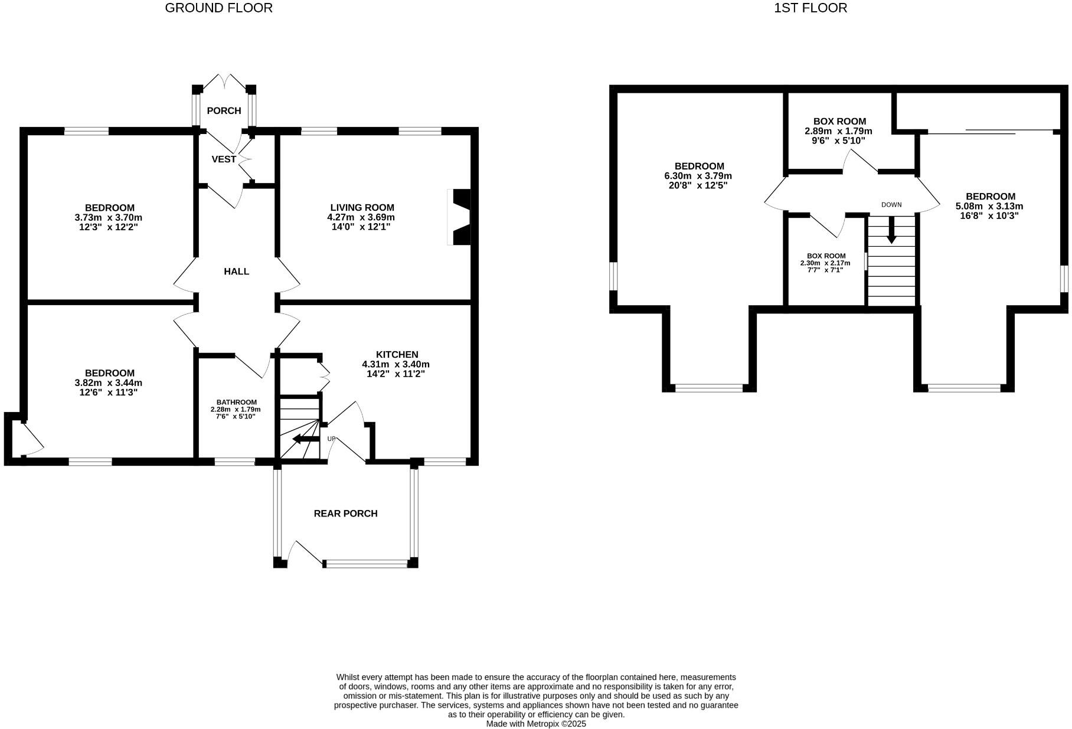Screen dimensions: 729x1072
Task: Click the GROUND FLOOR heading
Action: [x=218, y=8]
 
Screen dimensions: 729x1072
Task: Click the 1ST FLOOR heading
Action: [x=810, y=8]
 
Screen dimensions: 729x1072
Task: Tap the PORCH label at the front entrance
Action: [x=224, y=111]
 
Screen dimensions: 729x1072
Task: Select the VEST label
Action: [x=224, y=159]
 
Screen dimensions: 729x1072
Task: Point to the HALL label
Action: [x=236, y=272]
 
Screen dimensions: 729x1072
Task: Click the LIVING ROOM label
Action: [x=362, y=208]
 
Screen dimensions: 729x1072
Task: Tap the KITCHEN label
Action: [x=397, y=355]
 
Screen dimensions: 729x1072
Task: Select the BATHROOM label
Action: [x=236, y=402]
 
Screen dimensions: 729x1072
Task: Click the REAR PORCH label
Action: [x=345, y=514]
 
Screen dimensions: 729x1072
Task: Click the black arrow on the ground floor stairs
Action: [x=305, y=439]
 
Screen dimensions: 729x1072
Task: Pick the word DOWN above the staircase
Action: [x=891, y=205]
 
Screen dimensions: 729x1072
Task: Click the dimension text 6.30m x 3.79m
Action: [x=698, y=176]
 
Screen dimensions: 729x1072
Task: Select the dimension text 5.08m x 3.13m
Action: [x=989, y=207]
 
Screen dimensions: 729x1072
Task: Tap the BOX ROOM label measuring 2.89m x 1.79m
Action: [x=839, y=122]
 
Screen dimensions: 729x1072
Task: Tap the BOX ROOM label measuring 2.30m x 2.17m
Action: [x=826, y=256]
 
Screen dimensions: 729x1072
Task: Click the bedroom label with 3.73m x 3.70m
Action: [x=110, y=208]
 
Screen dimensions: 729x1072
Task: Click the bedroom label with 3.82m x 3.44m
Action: [x=110, y=373]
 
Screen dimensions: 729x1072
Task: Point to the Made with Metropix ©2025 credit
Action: [x=536, y=724]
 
